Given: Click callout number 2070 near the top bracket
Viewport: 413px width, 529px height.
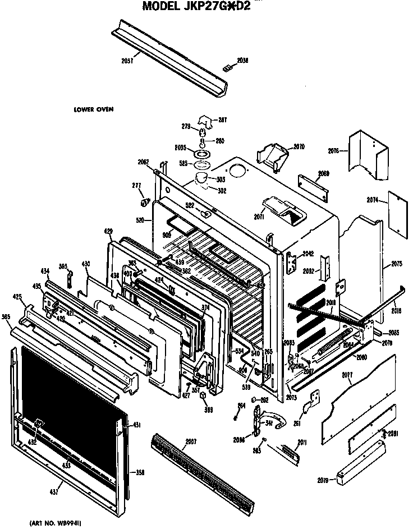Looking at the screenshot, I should (x=299, y=147).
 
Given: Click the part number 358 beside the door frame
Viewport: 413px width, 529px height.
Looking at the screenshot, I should (x=140, y=473).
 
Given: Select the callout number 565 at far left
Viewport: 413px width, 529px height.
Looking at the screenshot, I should (x=7, y=318).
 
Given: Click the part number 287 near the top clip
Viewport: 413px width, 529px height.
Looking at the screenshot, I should (x=222, y=120).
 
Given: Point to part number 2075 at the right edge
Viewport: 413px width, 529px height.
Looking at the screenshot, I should (x=397, y=264).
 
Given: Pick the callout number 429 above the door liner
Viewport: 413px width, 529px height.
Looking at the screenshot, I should (x=108, y=231).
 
